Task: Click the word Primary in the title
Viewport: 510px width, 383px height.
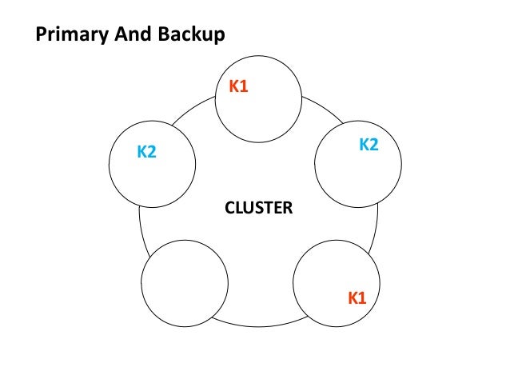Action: [x=71, y=34]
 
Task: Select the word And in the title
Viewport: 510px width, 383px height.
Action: [x=128, y=34]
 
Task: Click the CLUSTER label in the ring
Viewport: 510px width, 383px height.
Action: [x=258, y=209]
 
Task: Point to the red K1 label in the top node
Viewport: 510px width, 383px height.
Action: [x=239, y=86]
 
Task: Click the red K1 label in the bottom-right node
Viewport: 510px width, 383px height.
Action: [x=357, y=298]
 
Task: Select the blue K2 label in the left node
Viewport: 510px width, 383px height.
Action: [x=146, y=151]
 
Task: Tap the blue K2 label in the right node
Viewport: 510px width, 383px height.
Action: [x=369, y=145]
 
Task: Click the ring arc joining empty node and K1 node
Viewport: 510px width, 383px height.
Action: [x=260, y=326]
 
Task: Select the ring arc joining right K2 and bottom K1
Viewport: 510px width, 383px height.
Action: [x=377, y=228]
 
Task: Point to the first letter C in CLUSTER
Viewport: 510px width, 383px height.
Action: [x=229, y=209]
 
